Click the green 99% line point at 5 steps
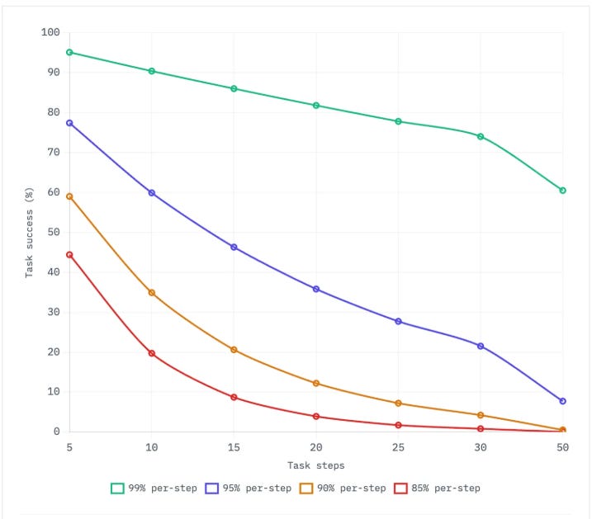(x=69, y=53)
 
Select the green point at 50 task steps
(x=562, y=191)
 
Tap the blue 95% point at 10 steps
(x=152, y=193)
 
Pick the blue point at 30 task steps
(x=481, y=346)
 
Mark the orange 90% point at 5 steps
(x=69, y=196)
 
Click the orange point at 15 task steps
(x=234, y=350)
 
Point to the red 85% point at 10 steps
(x=152, y=353)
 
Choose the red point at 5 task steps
(x=69, y=255)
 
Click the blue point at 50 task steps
(x=562, y=401)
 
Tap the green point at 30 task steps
(x=481, y=136)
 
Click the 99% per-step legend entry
(x=154, y=488)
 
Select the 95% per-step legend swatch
(x=212, y=488)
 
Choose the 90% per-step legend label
(x=352, y=488)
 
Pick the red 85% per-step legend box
(x=400, y=488)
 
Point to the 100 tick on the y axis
(x=50, y=32)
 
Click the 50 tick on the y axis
(x=54, y=232)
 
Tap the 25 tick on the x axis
(x=398, y=447)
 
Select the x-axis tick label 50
(x=562, y=447)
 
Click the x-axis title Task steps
(x=316, y=465)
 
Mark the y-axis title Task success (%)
(x=29, y=233)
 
